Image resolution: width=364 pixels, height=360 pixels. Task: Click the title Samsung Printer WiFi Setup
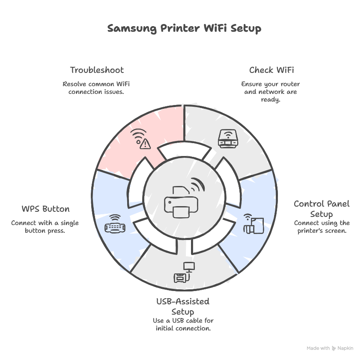(184, 29)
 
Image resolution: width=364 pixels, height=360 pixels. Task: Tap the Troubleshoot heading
(97, 70)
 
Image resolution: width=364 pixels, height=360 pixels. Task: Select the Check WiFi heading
(272, 70)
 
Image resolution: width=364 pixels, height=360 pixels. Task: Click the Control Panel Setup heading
(321, 208)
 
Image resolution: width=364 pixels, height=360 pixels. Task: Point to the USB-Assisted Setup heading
(183, 306)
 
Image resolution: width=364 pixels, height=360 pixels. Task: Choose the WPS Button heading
(45, 209)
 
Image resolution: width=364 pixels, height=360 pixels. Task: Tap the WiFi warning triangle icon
(141, 139)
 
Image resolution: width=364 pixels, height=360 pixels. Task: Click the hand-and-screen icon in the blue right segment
(253, 224)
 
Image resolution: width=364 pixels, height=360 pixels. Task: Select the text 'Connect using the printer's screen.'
(321, 227)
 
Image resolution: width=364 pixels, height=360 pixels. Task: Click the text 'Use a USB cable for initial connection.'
(183, 324)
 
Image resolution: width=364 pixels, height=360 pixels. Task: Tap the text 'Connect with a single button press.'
(45, 227)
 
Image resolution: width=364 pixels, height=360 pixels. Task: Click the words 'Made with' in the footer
(318, 348)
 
